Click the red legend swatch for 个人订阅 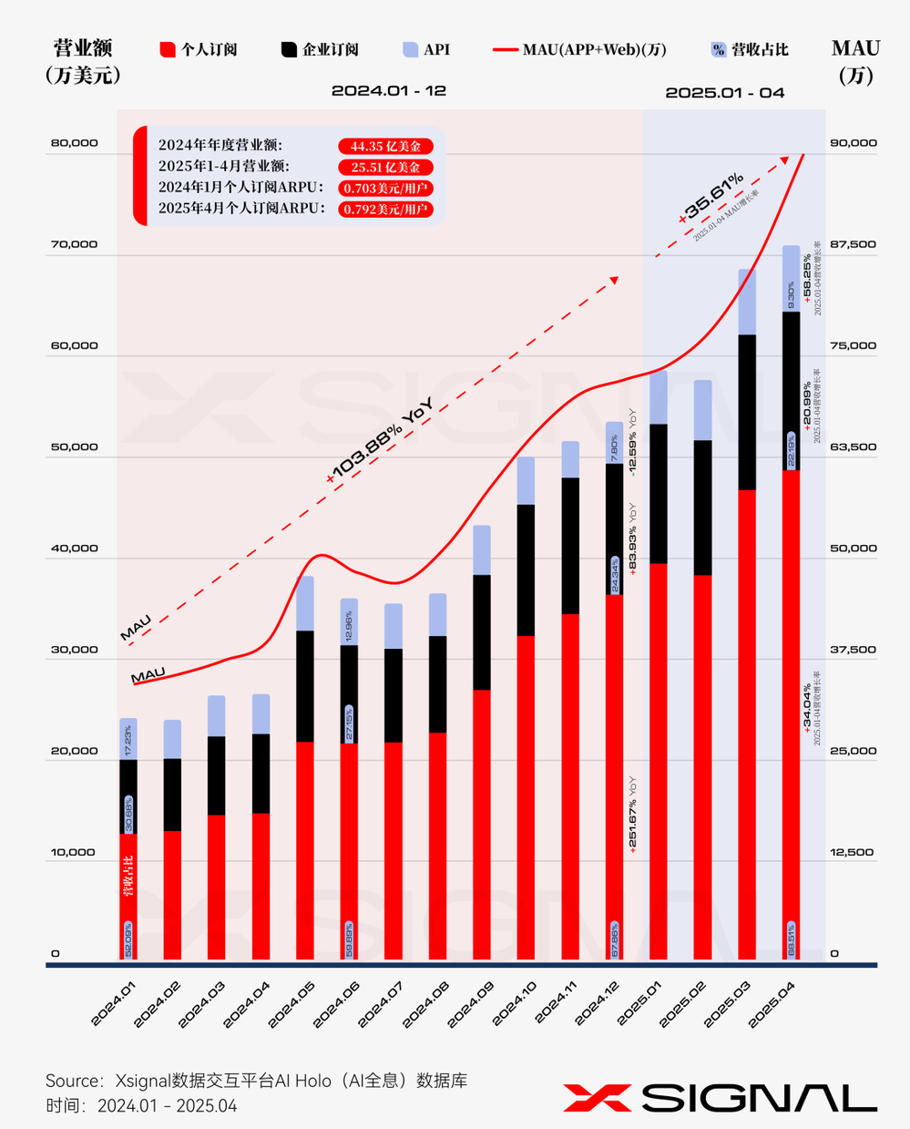click(x=167, y=50)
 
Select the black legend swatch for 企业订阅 click(x=289, y=50)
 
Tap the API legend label click(x=436, y=50)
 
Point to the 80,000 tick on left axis click(x=75, y=143)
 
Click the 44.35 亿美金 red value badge click(x=385, y=146)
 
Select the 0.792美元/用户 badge click(x=385, y=209)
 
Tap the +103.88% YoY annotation click(x=379, y=441)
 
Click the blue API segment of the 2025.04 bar click(x=792, y=279)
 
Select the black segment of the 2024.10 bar click(x=526, y=570)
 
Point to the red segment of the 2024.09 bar click(x=481, y=825)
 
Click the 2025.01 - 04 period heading click(x=724, y=93)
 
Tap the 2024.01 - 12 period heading click(x=388, y=91)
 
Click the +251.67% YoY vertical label click(x=632, y=814)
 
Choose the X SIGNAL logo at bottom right click(x=720, y=1098)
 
